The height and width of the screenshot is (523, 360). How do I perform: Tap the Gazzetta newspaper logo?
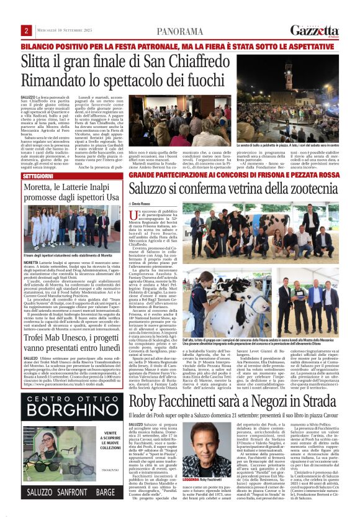[315, 29]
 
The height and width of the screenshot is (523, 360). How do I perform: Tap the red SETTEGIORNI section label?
[38, 176]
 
